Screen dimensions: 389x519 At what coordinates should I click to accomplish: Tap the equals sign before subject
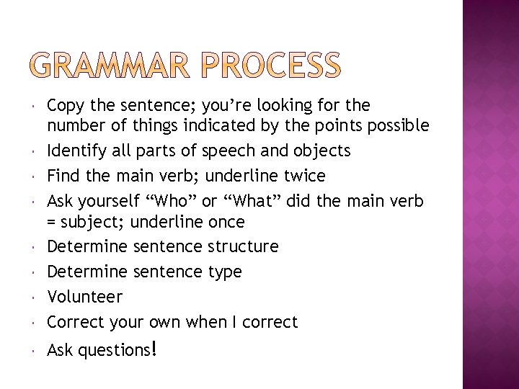(x=52, y=221)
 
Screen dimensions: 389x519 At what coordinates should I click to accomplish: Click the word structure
(x=243, y=246)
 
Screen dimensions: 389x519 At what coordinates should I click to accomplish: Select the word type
(x=225, y=272)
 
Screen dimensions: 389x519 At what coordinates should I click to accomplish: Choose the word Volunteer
(x=84, y=297)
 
